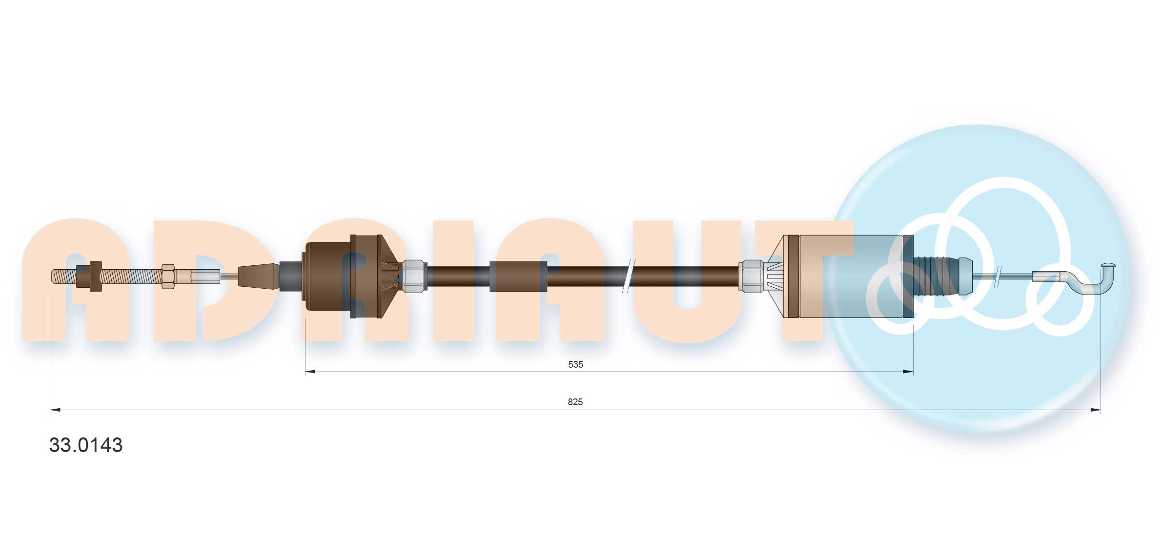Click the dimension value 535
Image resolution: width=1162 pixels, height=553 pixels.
pyautogui.click(x=575, y=364)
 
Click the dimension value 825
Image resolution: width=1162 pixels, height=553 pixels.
pyautogui.click(x=575, y=402)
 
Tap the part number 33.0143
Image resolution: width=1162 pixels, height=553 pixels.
pyautogui.click(x=86, y=445)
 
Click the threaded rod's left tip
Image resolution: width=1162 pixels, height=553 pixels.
pyautogui.click(x=52, y=276)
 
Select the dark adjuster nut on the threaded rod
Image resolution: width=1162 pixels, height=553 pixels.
pyautogui.click(x=90, y=276)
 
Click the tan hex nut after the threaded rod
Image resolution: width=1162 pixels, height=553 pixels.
pyautogui.click(x=168, y=276)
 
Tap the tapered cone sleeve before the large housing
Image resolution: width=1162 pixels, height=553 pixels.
pyautogui.click(x=259, y=276)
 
